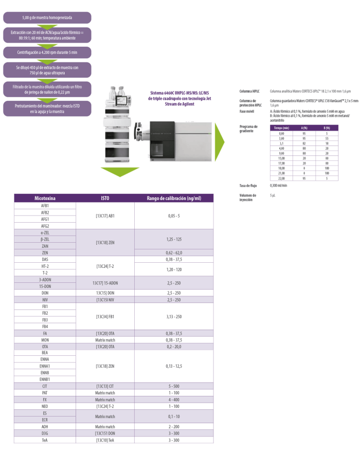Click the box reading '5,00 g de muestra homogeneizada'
click(x=47, y=18)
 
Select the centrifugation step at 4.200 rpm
click(x=47, y=52)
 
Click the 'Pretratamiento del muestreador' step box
click(x=47, y=108)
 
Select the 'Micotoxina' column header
click(x=45, y=198)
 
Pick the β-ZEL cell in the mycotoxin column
click(x=45, y=239)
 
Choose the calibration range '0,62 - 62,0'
click(x=173, y=252)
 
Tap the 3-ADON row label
click(x=45, y=279)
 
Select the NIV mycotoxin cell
click(x=45, y=299)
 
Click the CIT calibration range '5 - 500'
click(x=173, y=386)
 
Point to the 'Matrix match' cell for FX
click(x=105, y=399)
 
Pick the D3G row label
click(x=45, y=433)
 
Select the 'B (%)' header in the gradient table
click(x=326, y=128)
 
